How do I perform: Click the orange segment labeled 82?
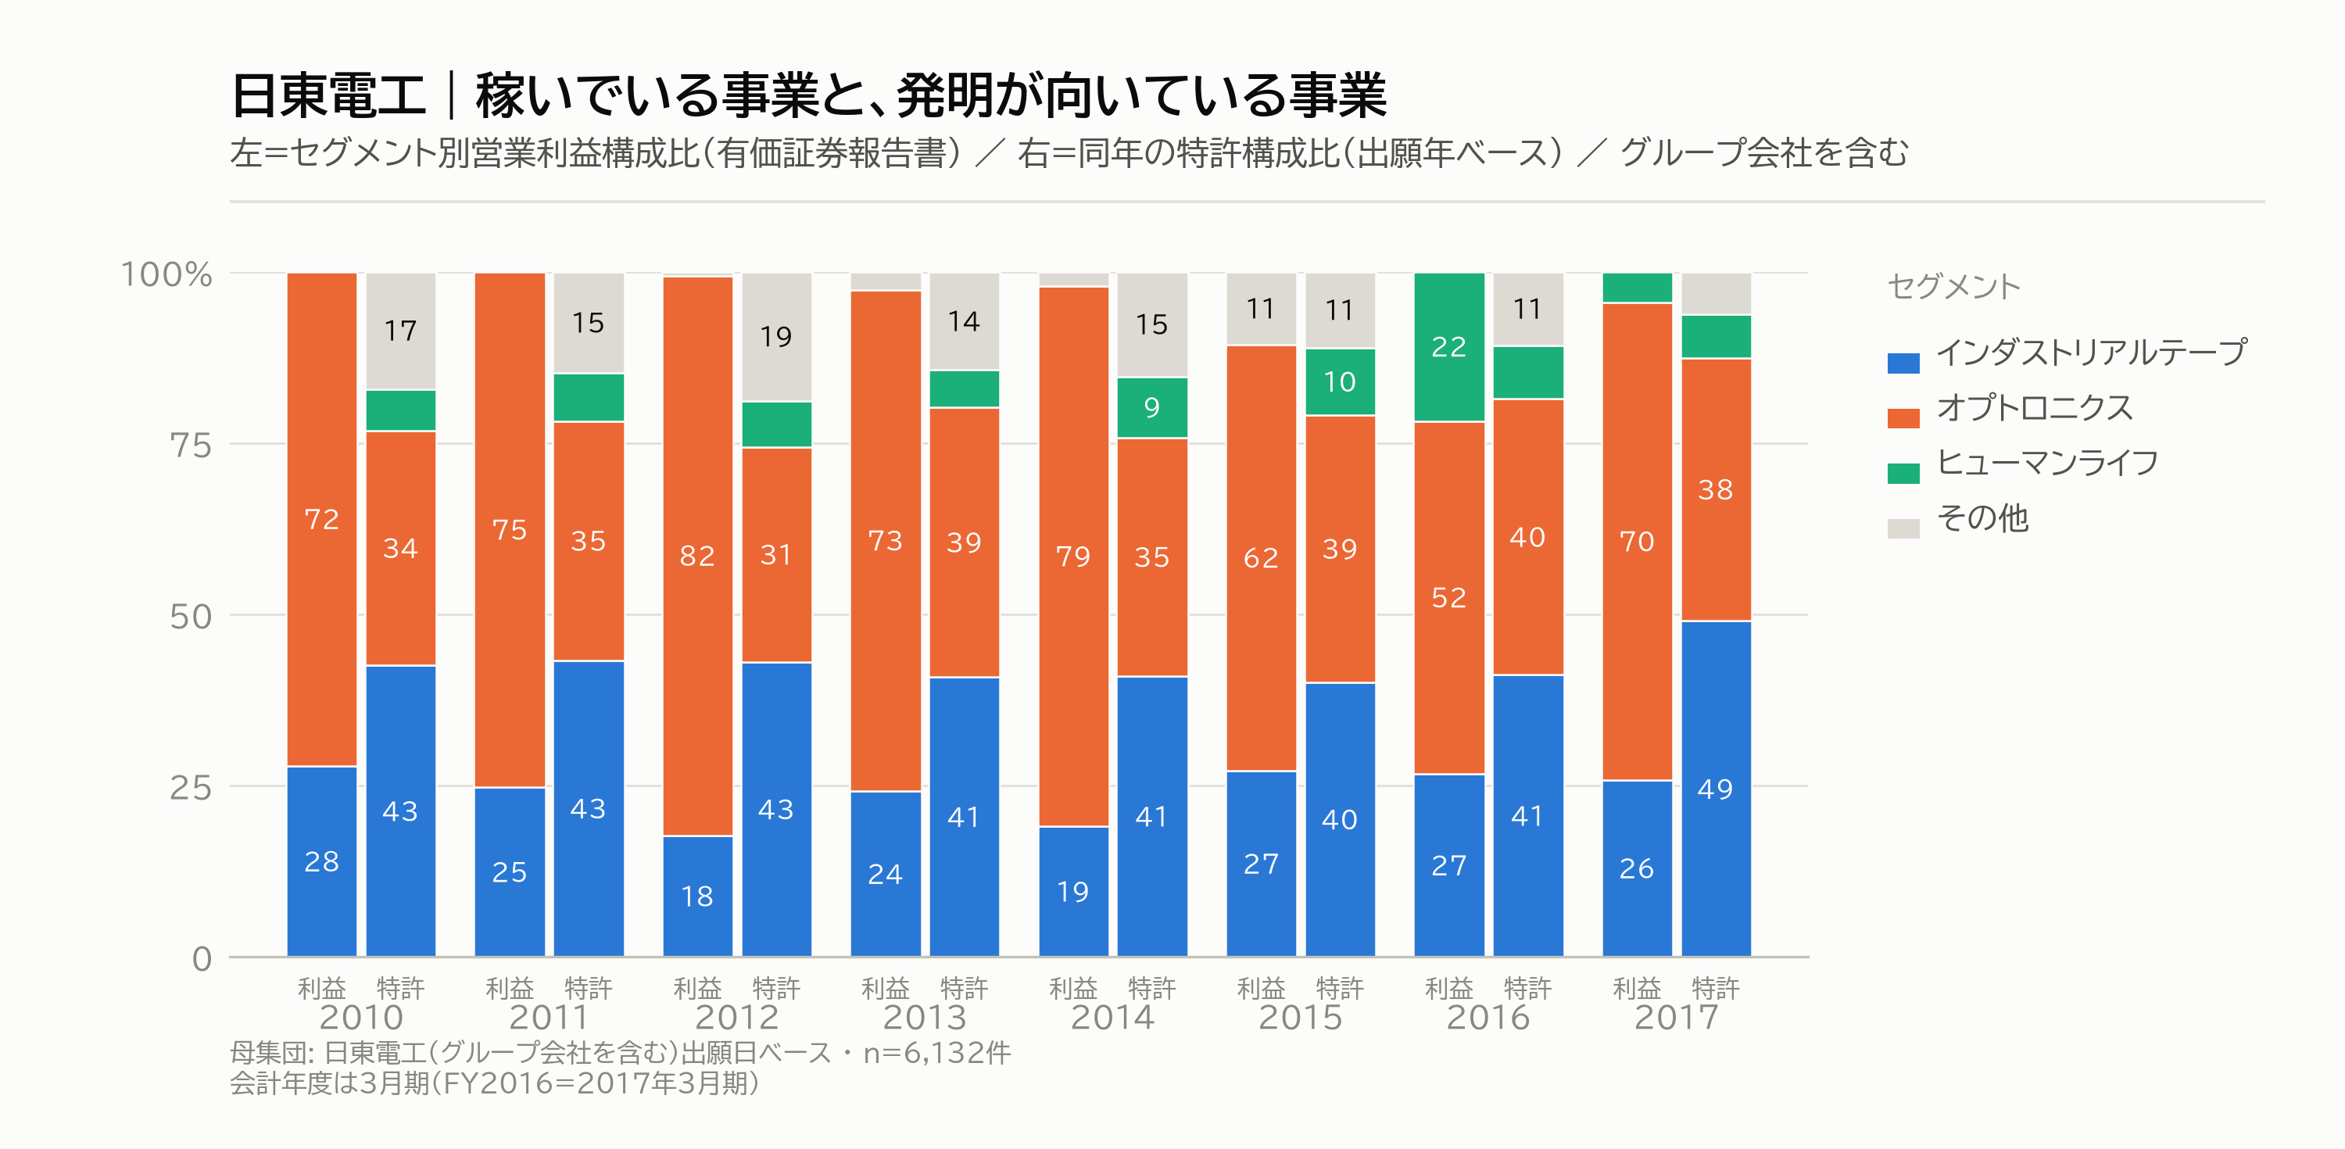(x=697, y=556)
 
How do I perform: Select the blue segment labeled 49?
(x=1716, y=789)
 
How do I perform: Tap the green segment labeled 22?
(x=1449, y=347)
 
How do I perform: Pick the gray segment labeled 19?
(x=776, y=337)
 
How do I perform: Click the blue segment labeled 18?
(x=697, y=896)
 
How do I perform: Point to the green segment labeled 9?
(x=1152, y=408)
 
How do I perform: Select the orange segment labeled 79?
(x=1073, y=557)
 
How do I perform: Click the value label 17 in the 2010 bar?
(x=400, y=331)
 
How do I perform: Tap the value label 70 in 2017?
(x=1637, y=542)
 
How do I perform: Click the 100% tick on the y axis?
(x=166, y=274)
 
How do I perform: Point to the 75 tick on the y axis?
(x=190, y=446)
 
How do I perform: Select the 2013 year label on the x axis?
(x=925, y=1017)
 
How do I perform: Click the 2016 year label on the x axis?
(x=1488, y=1017)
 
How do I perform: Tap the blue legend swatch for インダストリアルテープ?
(x=1903, y=363)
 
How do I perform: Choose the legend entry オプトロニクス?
(x=2035, y=408)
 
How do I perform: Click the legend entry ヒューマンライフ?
(x=2047, y=464)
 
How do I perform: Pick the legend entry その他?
(x=1982, y=519)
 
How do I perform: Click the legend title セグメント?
(x=1953, y=287)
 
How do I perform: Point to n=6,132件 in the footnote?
(x=936, y=1054)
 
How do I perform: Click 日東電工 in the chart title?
(x=328, y=95)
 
